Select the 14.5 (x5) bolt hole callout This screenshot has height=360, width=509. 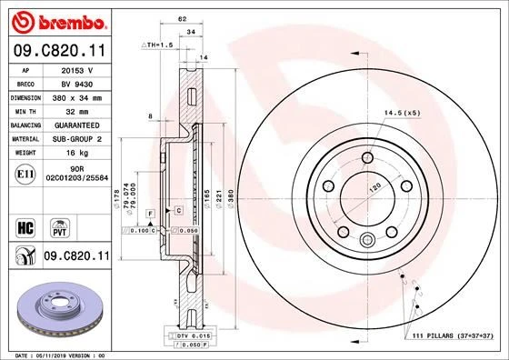[x=402, y=113]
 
